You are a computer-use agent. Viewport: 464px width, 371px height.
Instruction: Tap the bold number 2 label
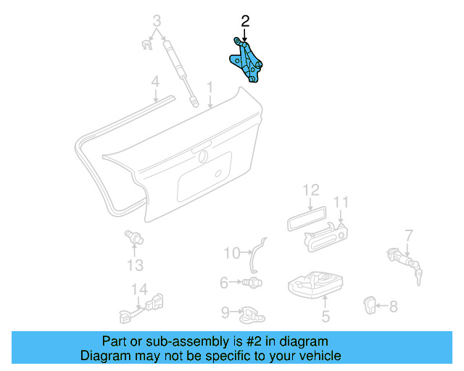click(x=244, y=22)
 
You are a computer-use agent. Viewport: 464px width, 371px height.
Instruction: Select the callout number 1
click(x=210, y=88)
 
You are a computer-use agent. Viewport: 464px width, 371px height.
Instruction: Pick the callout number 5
click(x=326, y=316)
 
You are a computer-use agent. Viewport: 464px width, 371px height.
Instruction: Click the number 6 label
click(x=224, y=281)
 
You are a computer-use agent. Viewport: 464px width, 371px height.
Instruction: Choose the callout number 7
click(x=408, y=235)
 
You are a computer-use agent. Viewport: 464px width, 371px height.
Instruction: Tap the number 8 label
click(x=393, y=307)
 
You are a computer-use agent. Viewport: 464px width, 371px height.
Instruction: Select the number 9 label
click(x=225, y=312)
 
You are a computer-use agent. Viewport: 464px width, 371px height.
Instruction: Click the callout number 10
click(x=231, y=253)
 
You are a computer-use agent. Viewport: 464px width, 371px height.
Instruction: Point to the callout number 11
click(x=341, y=202)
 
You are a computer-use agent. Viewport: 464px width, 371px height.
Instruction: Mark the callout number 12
click(x=310, y=191)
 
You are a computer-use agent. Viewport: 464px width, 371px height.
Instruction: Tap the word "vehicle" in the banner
click(x=314, y=356)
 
